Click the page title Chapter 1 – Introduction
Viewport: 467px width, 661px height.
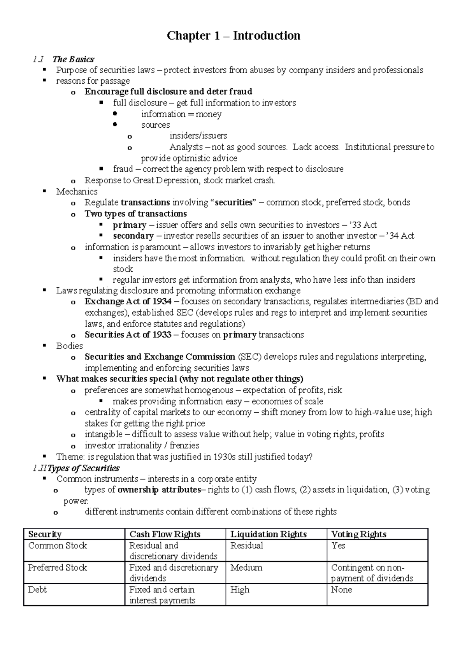(233, 36)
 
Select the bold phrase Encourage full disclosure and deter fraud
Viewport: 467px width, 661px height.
(168, 91)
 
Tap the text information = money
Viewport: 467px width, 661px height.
(181, 114)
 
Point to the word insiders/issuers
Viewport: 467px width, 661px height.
(198, 136)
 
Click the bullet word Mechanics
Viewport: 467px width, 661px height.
(77, 192)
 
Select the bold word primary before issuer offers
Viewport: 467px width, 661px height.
(130, 225)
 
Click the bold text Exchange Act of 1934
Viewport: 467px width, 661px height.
(128, 301)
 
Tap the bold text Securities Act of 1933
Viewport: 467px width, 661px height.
(128, 335)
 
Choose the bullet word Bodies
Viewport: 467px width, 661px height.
(69, 346)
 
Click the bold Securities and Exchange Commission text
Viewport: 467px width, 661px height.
(160, 357)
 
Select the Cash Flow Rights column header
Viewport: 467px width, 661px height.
(165, 534)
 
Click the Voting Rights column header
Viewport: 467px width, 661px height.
(358, 534)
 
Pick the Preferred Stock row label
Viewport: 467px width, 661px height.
(58, 568)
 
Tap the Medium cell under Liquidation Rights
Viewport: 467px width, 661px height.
(246, 568)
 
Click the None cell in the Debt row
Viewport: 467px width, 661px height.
(341, 590)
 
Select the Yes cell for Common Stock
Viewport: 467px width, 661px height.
(338, 545)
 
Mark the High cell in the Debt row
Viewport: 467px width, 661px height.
(240, 590)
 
